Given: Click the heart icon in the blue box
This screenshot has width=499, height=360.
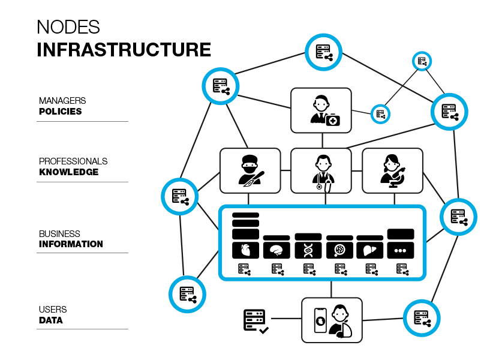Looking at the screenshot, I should click(245, 250).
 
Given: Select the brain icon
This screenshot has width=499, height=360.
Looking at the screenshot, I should click(276, 250).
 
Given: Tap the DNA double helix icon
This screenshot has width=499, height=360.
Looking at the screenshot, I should click(308, 250).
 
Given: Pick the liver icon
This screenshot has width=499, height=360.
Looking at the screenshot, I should click(369, 250).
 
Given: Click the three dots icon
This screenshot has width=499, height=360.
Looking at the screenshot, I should click(400, 251).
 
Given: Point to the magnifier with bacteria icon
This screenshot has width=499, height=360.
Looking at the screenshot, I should click(339, 250).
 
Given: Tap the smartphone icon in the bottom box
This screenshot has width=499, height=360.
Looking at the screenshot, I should click(321, 320).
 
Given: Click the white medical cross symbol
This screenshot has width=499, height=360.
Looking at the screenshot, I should click(333, 121).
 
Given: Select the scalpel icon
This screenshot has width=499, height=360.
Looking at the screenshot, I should click(249, 184).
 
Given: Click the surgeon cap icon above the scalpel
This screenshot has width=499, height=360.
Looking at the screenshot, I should click(249, 164).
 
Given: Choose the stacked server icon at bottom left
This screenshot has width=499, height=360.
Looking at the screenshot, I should click(254, 317).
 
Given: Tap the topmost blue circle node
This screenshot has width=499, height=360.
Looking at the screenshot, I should click(323, 52).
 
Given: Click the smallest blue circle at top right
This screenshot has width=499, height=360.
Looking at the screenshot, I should click(422, 61).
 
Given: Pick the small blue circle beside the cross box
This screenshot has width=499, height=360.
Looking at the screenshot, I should click(380, 113).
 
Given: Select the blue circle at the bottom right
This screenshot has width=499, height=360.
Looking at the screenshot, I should click(422, 318).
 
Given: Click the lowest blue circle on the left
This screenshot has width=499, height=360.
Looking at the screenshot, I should click(187, 294).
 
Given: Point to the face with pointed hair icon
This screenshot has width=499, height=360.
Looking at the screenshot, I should click(392, 164).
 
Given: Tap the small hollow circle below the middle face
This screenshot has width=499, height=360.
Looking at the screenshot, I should click(319, 187).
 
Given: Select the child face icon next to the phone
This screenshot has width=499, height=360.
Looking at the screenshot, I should click(340, 314).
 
